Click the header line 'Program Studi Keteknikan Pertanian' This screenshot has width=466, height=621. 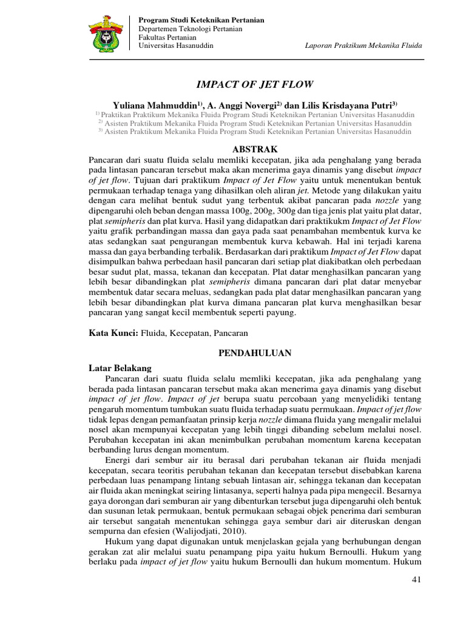tap(201, 20)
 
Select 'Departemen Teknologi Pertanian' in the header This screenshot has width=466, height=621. tap(191, 29)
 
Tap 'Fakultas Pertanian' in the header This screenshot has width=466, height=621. tap(167, 37)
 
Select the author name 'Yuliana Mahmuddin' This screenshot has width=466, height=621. tap(154, 104)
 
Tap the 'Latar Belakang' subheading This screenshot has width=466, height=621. tap(120, 368)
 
